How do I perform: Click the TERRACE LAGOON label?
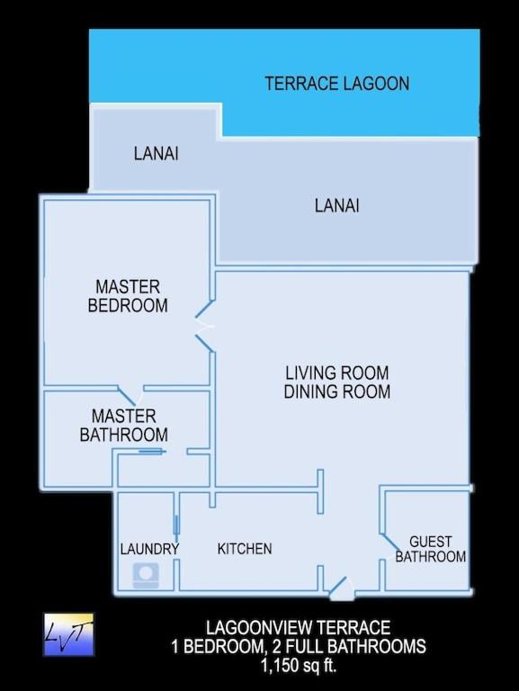coord(336,84)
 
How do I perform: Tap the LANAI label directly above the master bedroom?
coord(156,154)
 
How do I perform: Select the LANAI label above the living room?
coord(336,206)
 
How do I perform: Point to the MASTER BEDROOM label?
coord(128,296)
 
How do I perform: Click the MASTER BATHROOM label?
coord(123,426)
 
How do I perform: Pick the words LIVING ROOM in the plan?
coord(336,372)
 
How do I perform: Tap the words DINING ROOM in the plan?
coord(336,392)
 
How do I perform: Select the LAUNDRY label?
coord(149,549)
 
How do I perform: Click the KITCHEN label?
coord(245,549)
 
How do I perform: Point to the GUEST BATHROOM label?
coord(431,549)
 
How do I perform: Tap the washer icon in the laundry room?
coord(146,574)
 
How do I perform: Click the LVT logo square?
coord(68,634)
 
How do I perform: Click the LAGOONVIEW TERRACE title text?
coord(298,627)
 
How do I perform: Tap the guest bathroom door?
coord(390,541)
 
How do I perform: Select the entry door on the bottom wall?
coord(339,588)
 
